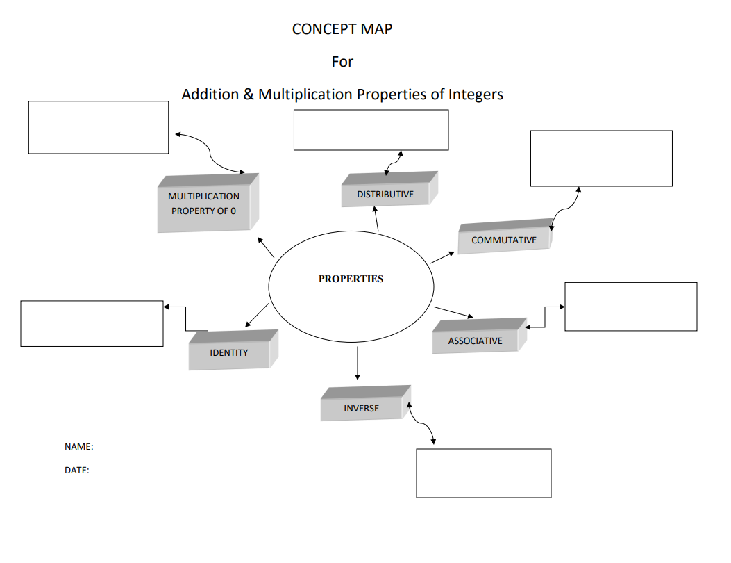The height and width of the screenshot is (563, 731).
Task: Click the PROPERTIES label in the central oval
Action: click(x=351, y=279)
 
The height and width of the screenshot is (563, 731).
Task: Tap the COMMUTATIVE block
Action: click(x=505, y=236)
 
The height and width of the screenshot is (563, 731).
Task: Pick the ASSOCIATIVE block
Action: click(x=479, y=336)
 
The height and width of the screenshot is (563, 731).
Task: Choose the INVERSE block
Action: click(x=365, y=403)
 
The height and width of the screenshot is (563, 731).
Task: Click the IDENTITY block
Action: click(x=233, y=350)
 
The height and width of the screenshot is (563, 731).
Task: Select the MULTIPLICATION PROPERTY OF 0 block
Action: click(x=208, y=203)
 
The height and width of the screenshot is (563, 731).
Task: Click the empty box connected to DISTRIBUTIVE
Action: click(x=371, y=130)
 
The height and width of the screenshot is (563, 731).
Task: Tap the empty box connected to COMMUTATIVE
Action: click(x=601, y=158)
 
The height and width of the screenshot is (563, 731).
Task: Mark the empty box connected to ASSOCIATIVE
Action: click(x=631, y=307)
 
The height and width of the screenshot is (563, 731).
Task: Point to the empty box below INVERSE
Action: click(x=483, y=473)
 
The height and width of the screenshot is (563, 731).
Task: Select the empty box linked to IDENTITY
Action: click(x=92, y=323)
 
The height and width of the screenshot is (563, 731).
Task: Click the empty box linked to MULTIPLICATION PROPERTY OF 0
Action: click(x=99, y=127)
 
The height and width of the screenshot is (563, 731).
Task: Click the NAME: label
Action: click(x=78, y=447)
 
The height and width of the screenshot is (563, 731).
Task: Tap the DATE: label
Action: click(x=77, y=470)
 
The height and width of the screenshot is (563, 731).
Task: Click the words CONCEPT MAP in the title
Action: click(x=342, y=29)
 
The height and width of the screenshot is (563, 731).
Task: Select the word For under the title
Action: click(x=342, y=62)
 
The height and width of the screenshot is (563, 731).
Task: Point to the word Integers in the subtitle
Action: click(x=476, y=95)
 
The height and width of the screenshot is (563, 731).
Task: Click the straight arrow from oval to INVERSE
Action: click(x=358, y=364)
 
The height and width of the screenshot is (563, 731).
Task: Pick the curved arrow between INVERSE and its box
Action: click(x=421, y=423)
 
